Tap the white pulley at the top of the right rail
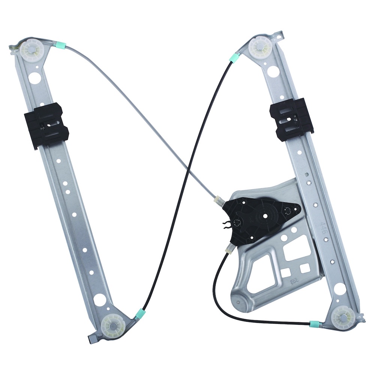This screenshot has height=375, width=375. click(x=260, y=45)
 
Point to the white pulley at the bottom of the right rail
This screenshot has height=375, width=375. click(x=343, y=316)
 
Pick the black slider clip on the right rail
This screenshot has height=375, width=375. click(x=291, y=119)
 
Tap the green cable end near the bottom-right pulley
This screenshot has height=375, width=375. click(x=315, y=324)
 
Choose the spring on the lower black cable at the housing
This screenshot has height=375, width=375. click(x=229, y=247)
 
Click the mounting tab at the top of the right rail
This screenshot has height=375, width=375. click(x=279, y=36)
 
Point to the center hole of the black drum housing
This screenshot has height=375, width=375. click(x=265, y=216)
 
